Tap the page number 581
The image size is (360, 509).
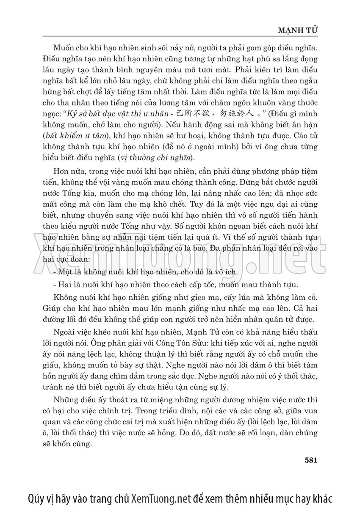pos(311,460)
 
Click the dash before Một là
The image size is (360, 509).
pos(55,271)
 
